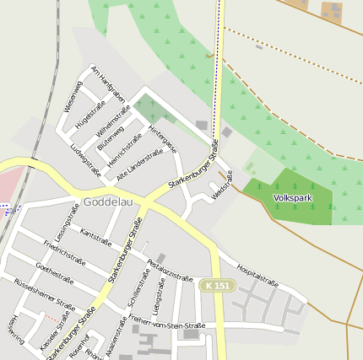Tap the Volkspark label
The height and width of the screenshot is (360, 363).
tap(291, 198)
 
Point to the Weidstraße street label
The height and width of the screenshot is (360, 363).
tap(222, 185)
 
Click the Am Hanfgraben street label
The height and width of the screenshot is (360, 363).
tap(108, 84)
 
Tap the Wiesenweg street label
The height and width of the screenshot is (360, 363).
tap(73, 96)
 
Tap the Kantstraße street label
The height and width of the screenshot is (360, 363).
tap(95, 236)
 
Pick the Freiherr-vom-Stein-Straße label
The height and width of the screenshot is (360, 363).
tap(167, 321)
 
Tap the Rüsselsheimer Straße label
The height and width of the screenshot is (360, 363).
tap(44, 294)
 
